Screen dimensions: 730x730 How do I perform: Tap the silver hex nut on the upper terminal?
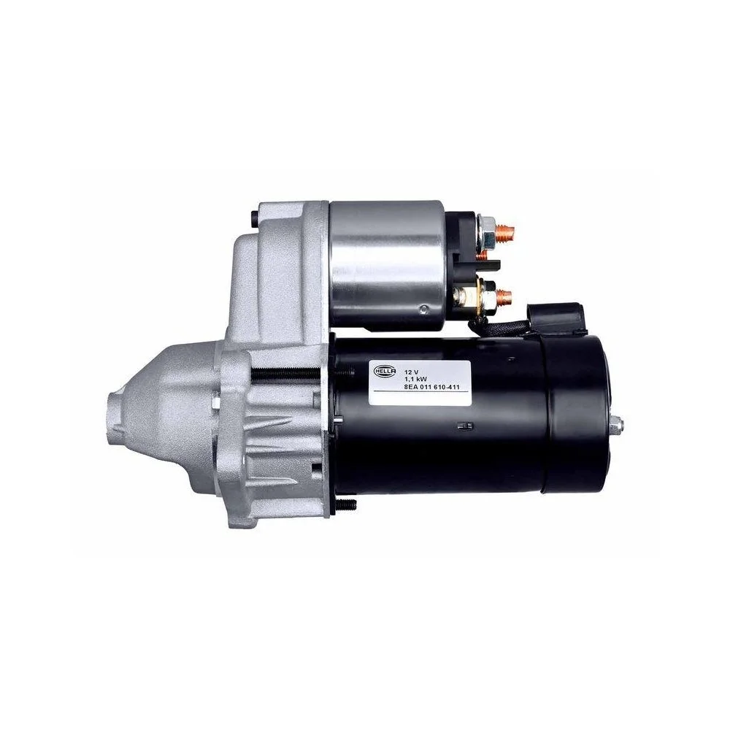pyautogui.click(x=484, y=231)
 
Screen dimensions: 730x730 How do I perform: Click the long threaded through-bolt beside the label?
pyautogui.click(x=288, y=374)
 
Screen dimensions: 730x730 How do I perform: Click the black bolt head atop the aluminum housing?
pyautogui.click(x=253, y=218)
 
